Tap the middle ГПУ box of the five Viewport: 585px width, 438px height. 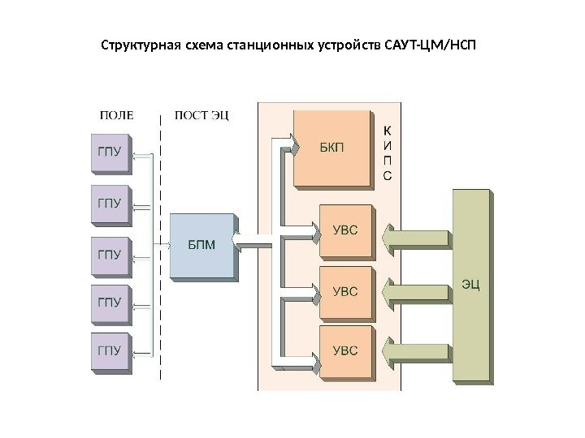click(109, 254)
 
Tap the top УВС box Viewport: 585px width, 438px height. click(345, 230)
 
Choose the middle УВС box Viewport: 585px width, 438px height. click(345, 290)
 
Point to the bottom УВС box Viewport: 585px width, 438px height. click(345, 350)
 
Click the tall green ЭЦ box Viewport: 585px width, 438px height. click(470, 284)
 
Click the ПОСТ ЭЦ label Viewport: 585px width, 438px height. click(202, 114)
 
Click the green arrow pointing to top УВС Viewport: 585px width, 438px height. click(415, 238)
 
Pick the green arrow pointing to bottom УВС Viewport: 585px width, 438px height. click(415, 351)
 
